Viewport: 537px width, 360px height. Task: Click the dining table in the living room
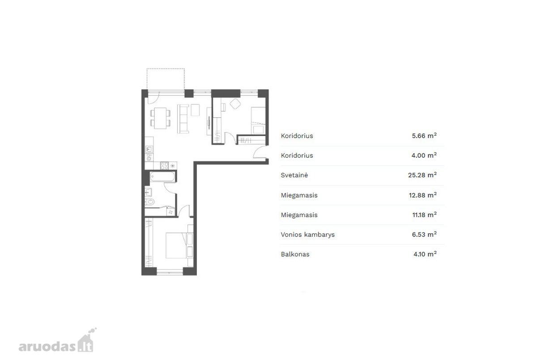click(160, 118)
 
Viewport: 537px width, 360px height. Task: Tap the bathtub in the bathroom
click(163, 177)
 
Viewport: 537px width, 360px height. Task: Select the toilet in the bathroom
click(149, 202)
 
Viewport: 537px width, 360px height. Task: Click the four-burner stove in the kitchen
click(165, 166)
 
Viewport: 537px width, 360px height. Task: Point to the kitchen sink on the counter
click(149, 150)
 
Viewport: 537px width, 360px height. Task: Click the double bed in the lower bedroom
click(176, 245)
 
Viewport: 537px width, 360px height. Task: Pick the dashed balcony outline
click(166, 79)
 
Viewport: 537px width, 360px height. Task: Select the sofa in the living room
click(183, 119)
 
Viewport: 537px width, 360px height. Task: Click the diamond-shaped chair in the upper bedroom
click(235, 104)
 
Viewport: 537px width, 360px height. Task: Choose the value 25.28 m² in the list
click(422, 175)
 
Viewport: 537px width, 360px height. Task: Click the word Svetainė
click(294, 175)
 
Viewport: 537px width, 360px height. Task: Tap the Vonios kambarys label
click(307, 235)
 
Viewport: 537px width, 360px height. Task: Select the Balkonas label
click(295, 254)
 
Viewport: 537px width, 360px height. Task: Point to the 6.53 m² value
click(424, 234)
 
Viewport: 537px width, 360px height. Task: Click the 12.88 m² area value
click(422, 195)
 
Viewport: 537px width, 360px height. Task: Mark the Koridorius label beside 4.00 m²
click(297, 155)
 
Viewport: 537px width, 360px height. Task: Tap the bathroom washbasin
click(148, 192)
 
